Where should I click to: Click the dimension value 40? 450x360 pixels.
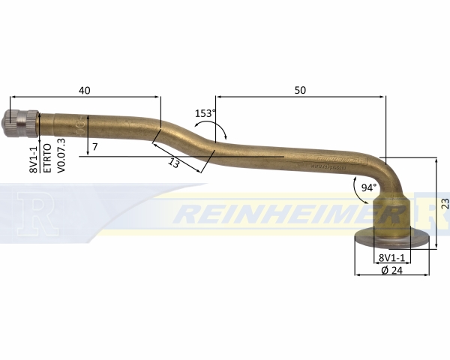coord(84,90)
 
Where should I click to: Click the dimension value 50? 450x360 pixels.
coord(300,90)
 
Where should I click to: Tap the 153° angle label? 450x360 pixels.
coord(205,113)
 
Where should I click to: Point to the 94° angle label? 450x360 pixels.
coord(369,187)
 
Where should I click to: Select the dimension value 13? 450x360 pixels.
coord(174,163)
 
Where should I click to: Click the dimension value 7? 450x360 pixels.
coord(95,147)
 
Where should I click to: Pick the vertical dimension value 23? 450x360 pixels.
coord(445,203)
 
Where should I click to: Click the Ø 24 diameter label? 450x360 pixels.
coord(392,270)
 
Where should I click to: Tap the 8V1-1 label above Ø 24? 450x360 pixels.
coord(391,257)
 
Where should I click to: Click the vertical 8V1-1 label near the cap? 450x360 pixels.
coord(34,160)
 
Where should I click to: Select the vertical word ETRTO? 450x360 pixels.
coord(47,158)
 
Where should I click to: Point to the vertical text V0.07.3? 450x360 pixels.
coord(61,156)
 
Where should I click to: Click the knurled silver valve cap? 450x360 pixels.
coord(21,124)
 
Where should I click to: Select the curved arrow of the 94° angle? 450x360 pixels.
coord(358,191)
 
